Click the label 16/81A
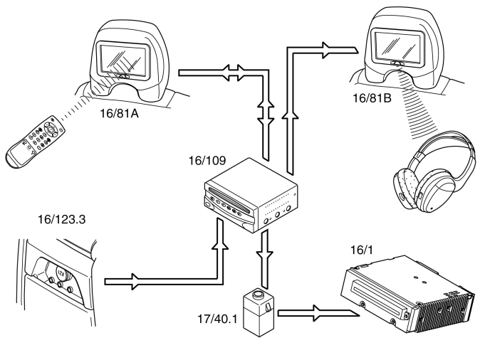coord(119,113)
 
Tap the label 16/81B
coord(372,98)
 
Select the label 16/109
coord(207,160)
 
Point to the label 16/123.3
coord(61,219)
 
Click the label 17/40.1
coord(217,319)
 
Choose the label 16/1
coord(362,250)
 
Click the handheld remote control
coord(36,142)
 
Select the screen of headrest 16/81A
coord(122,59)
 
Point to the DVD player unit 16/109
coord(251,196)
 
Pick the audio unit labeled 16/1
coord(408,296)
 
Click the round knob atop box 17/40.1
coord(258,295)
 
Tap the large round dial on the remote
coord(51,128)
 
